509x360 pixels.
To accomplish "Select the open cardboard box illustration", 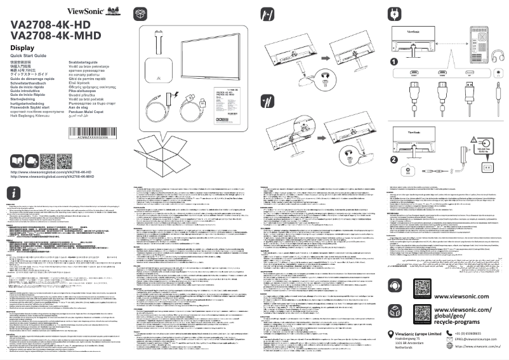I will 162,154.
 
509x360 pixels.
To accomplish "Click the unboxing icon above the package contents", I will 141,13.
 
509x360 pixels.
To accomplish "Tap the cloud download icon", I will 32,159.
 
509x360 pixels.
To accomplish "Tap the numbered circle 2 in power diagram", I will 394,161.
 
